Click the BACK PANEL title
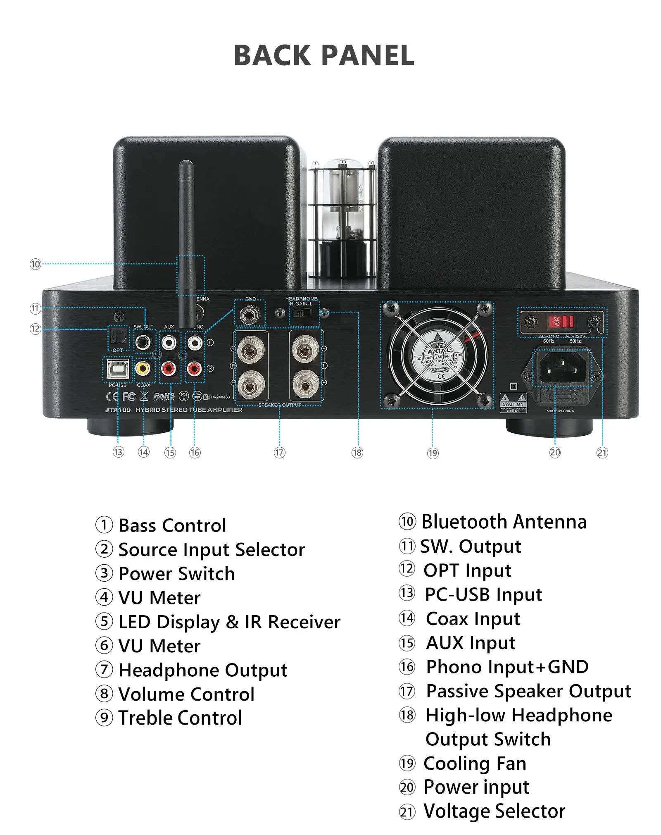click(324, 55)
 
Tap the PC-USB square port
click(118, 369)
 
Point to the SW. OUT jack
click(143, 342)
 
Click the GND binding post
click(250, 315)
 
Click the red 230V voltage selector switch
click(561, 321)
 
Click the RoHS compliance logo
click(164, 396)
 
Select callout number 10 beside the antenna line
click(36, 264)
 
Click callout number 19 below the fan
click(433, 453)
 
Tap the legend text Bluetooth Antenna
click(504, 522)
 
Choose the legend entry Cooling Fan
click(475, 763)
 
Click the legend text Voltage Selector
click(495, 811)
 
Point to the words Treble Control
click(180, 718)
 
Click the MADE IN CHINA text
click(560, 411)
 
